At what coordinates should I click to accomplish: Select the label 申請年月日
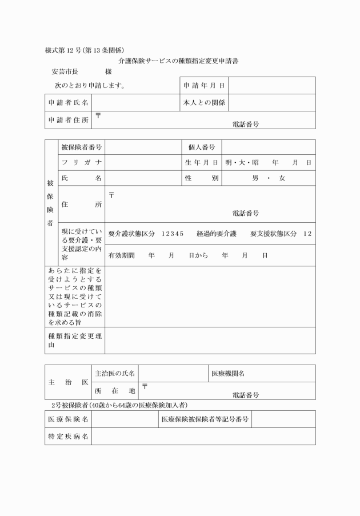point(204,86)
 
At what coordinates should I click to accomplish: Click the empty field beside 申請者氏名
point(136,103)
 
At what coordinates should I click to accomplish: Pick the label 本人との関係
point(204,103)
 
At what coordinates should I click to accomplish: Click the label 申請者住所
point(68,120)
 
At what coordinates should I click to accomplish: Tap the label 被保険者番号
point(81,147)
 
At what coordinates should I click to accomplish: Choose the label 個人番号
point(201,147)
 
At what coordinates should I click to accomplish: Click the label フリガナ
point(81,163)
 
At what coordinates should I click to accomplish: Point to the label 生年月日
point(201,163)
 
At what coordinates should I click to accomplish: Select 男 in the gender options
point(255,178)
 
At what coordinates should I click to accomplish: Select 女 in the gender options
point(281,178)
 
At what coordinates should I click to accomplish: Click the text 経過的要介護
point(217,234)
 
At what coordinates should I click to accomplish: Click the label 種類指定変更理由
point(75,340)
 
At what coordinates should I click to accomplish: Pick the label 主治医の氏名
point(115,374)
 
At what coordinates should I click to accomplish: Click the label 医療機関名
point(228,374)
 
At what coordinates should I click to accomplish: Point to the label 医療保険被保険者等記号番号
point(205,419)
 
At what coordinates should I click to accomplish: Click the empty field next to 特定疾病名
point(203,437)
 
